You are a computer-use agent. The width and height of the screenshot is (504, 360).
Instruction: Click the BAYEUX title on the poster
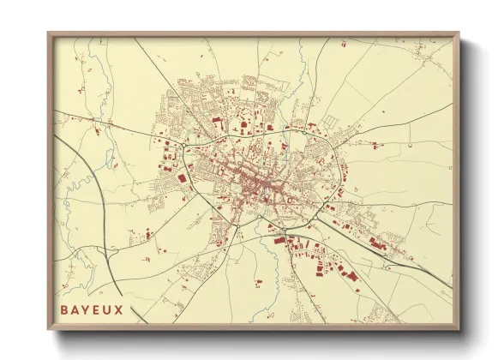92,309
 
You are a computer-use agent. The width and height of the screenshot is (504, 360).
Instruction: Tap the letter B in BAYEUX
64,309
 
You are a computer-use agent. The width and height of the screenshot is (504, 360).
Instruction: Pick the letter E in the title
97,309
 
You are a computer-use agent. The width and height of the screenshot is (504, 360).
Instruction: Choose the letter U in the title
108,309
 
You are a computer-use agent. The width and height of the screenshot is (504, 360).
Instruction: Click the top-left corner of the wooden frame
49,33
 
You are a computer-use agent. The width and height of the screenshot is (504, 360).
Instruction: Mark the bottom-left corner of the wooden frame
49,329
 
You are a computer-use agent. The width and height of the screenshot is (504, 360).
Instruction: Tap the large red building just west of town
182,177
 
